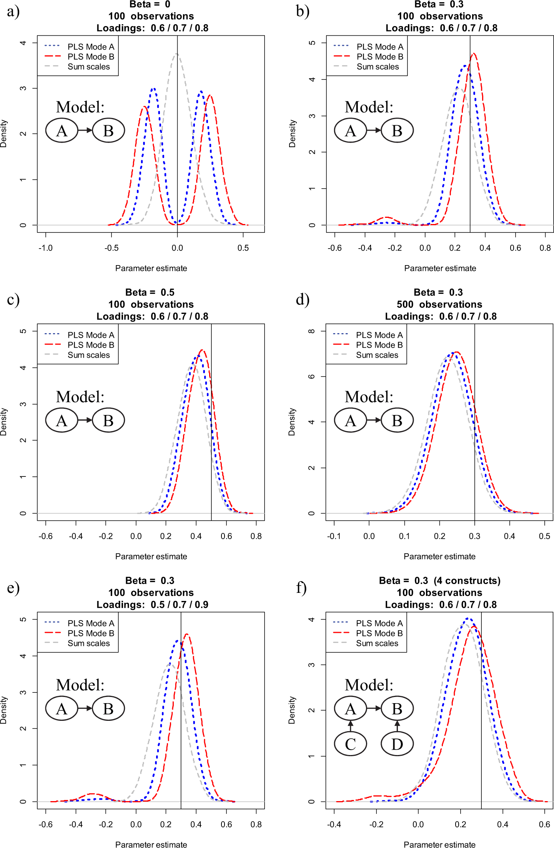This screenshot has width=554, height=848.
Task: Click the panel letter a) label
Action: [x=13, y=12]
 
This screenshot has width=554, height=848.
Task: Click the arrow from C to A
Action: [x=350, y=726]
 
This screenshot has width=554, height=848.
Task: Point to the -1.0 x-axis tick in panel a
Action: [x=45, y=248]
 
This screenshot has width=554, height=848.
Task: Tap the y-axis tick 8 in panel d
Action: [x=311, y=331]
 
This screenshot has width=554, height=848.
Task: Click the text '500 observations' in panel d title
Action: [x=439, y=304]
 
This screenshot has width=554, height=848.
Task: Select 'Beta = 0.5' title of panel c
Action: [x=150, y=292]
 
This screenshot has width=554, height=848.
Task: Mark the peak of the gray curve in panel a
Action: [x=176, y=54]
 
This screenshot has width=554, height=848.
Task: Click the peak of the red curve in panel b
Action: [x=474, y=53]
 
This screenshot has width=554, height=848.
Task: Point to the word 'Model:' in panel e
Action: [x=80, y=685]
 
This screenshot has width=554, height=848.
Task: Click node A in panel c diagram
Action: [x=62, y=420]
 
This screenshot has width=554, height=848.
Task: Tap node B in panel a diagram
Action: [x=108, y=130]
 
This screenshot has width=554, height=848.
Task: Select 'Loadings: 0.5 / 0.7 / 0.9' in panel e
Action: [x=152, y=604]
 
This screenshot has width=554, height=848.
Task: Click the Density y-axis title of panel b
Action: [x=293, y=133]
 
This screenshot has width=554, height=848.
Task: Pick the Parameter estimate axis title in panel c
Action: [x=151, y=556]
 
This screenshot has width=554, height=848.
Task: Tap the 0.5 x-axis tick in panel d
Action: [x=545, y=536]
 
